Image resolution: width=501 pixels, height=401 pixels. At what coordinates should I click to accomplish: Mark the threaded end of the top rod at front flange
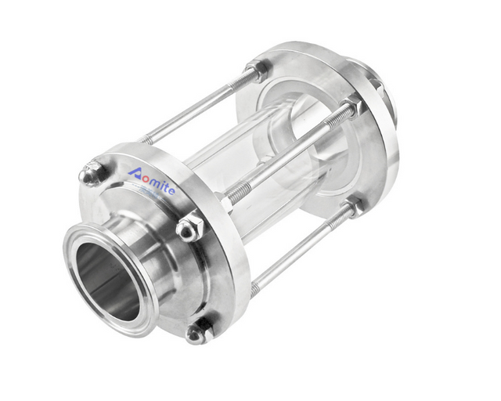149,137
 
